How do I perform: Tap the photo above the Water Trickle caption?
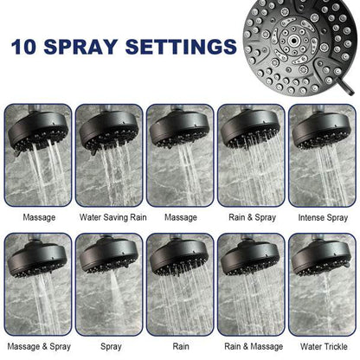point(322,286)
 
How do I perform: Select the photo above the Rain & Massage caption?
point(251,286)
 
